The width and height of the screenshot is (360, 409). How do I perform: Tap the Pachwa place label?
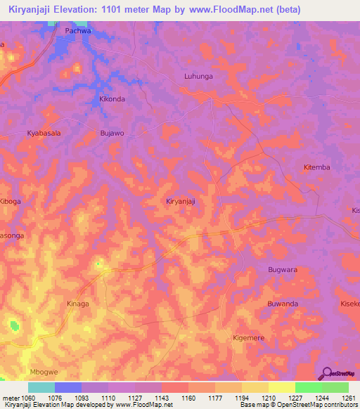78,32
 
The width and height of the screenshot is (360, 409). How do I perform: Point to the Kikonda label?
112,99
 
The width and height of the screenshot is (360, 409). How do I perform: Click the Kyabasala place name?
44,133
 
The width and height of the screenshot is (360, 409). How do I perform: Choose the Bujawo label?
112,133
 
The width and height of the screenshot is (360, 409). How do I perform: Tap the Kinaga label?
77,304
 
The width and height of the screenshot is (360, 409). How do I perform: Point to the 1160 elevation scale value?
188,398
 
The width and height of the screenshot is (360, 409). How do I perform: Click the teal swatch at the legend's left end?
41,387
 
